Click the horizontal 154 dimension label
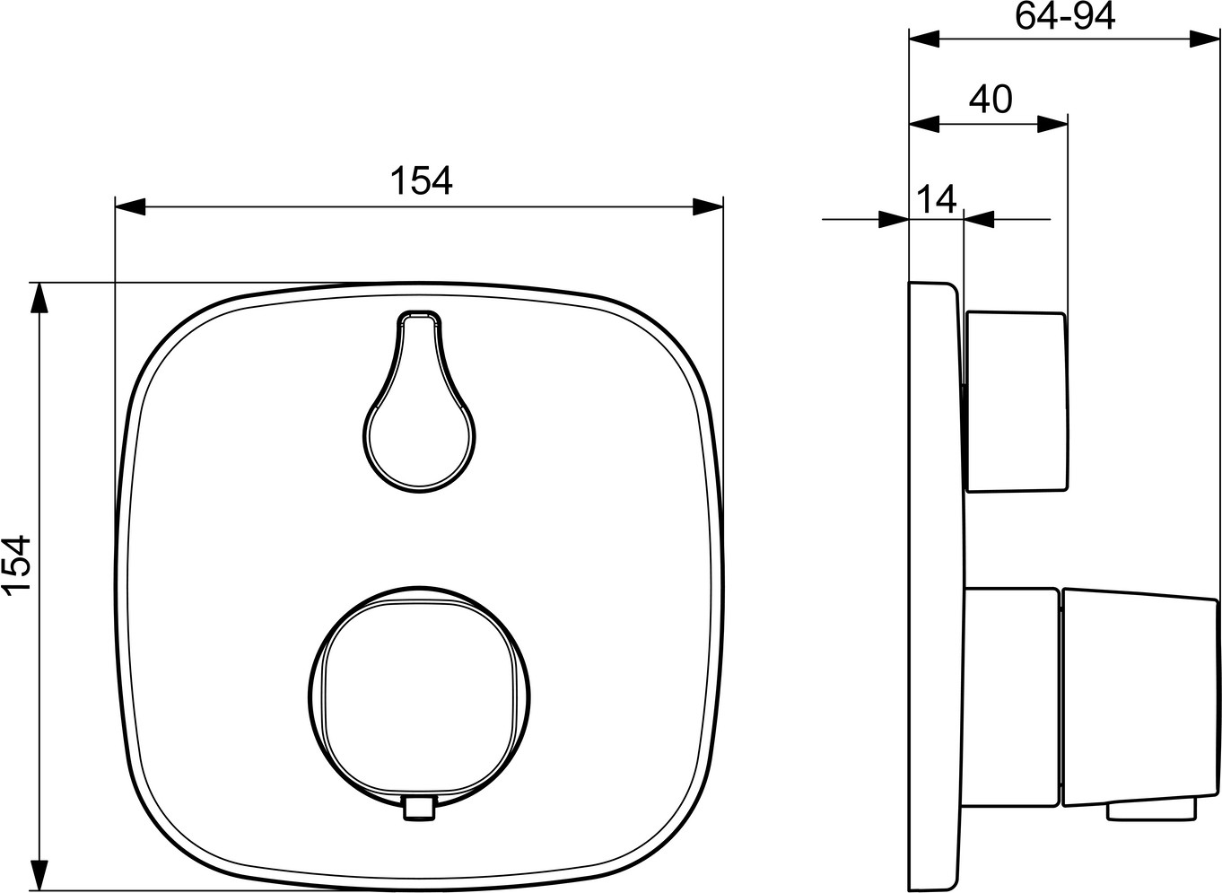click(x=421, y=180)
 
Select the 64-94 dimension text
click(x=1064, y=16)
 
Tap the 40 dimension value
click(x=991, y=100)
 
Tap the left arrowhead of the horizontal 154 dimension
click(x=130, y=207)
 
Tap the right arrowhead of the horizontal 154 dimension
click(x=708, y=207)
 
